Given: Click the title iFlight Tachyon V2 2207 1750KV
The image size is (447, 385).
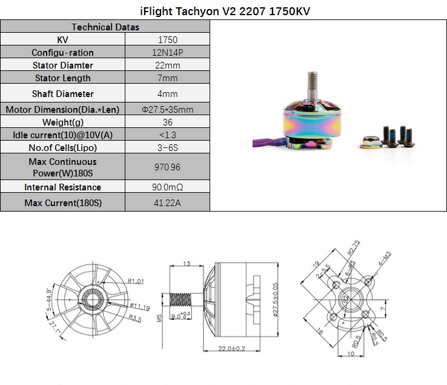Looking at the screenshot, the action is coord(225,11).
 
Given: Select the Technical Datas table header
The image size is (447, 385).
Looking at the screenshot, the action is coord(105,27).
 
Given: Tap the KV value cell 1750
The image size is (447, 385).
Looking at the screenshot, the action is coord(168,39).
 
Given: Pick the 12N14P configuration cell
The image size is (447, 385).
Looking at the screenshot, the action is coord(168,53).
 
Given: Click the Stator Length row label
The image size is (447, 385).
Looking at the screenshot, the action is coord(63,78).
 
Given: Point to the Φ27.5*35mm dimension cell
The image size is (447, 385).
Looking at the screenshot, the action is coord(168,109).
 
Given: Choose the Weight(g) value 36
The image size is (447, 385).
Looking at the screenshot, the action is coord(168,122).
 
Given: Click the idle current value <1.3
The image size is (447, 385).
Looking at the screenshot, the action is coord(168,135).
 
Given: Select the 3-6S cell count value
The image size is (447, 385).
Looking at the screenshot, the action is coord(168,147).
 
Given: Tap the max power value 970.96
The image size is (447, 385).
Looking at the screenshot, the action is coord(167,167).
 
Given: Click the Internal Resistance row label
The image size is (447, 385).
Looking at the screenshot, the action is coord(63,187).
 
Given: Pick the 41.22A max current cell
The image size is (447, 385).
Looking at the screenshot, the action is coord(167,203).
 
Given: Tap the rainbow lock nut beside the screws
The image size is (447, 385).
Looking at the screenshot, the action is coord(370,142).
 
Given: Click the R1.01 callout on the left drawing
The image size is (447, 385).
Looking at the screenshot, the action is coord(136,281).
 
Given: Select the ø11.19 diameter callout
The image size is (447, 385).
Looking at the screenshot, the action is coord(140,307).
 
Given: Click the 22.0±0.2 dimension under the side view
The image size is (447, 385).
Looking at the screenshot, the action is coord(231,349).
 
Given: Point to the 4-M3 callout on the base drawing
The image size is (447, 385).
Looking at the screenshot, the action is coord(385,258).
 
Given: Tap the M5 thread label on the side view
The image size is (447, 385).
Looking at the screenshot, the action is coord(159,318).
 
